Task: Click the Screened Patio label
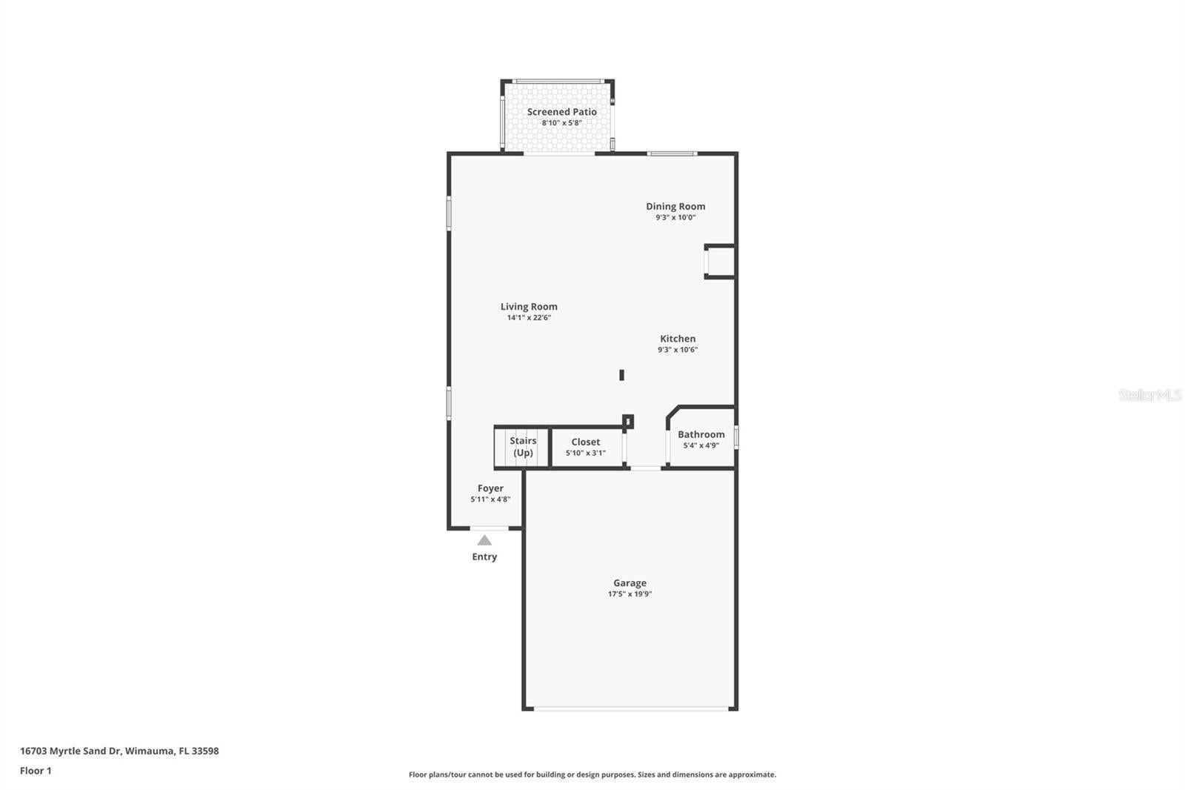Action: pyautogui.click(x=561, y=112)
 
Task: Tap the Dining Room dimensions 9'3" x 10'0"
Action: pyautogui.click(x=675, y=218)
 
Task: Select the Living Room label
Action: pyautogui.click(x=529, y=307)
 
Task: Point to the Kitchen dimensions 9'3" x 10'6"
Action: pyautogui.click(x=678, y=350)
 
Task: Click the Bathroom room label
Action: pyautogui.click(x=701, y=435)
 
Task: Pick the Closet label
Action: pyautogui.click(x=585, y=442)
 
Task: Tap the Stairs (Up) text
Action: pyautogui.click(x=523, y=447)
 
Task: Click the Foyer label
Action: pyautogui.click(x=490, y=488)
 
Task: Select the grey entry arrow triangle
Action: pyautogui.click(x=484, y=540)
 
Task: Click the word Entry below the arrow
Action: pyautogui.click(x=484, y=557)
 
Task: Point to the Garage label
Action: pyautogui.click(x=630, y=583)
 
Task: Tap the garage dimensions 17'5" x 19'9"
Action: pyautogui.click(x=630, y=594)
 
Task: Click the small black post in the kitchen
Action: pyautogui.click(x=621, y=375)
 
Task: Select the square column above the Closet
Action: pyautogui.click(x=627, y=422)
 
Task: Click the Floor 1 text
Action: pyautogui.click(x=36, y=771)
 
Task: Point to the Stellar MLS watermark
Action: pyautogui.click(x=1149, y=395)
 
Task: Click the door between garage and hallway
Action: pyautogui.click(x=645, y=468)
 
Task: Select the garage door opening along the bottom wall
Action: pyautogui.click(x=631, y=709)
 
